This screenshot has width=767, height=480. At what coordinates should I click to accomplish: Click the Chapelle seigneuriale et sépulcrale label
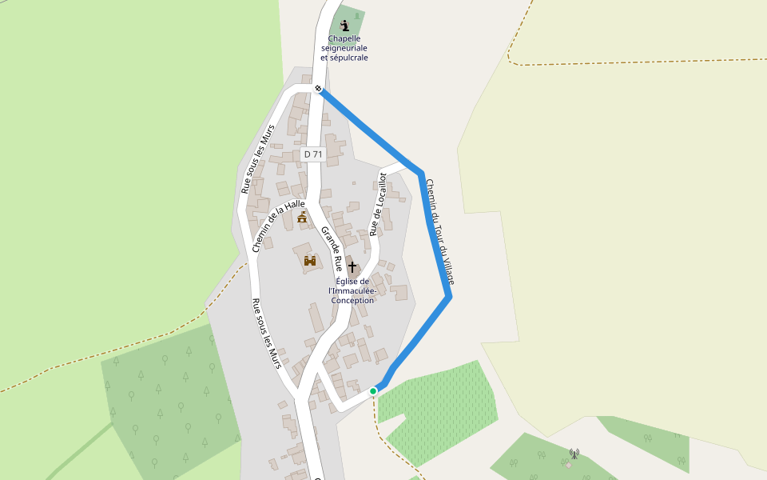[344, 48]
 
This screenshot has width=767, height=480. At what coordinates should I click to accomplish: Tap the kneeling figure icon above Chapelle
[344, 26]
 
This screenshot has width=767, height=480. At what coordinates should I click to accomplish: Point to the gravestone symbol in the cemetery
[356, 15]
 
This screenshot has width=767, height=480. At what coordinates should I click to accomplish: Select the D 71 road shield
[313, 154]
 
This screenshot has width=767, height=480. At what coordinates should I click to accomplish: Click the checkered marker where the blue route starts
[318, 88]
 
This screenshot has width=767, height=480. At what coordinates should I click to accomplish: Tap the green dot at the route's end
[373, 390]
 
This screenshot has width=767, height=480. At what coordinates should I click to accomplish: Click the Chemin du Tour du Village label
[439, 231]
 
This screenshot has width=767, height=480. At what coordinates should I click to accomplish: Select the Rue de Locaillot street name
[378, 205]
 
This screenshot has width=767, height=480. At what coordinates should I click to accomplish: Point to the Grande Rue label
[332, 249]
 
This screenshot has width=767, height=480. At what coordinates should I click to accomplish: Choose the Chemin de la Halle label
[278, 226]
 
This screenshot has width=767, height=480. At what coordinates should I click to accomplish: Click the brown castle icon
[310, 260]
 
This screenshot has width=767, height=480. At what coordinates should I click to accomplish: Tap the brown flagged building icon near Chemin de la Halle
[302, 217]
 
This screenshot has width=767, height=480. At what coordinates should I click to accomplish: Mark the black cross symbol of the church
[352, 266]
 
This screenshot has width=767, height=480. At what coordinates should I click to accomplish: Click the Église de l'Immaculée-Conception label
[352, 290]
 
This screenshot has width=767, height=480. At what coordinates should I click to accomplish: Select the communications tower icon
[574, 454]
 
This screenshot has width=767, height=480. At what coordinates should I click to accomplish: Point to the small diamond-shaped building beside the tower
[568, 465]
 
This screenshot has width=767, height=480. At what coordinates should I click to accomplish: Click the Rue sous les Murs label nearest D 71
[258, 158]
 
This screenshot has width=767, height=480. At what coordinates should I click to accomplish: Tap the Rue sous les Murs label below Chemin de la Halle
[268, 334]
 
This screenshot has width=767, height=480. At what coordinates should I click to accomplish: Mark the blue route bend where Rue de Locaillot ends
[419, 173]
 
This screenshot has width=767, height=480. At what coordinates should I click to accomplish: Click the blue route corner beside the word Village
[450, 297]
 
